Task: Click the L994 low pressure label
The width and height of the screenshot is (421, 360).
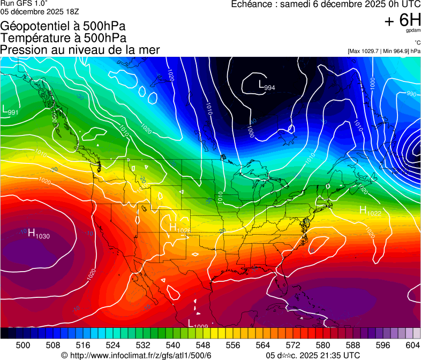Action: [266, 85]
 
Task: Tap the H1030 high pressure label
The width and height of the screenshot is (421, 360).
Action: [38, 234]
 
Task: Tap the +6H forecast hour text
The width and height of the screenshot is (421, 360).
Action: [402, 20]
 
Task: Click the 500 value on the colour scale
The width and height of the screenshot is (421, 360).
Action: [23, 346]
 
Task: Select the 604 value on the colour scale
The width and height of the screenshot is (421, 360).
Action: [412, 346]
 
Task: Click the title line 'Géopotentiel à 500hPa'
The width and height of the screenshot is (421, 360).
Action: [64, 26]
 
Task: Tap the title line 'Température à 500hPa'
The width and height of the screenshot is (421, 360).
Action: [63, 38]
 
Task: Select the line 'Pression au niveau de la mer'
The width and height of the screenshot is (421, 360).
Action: [80, 50]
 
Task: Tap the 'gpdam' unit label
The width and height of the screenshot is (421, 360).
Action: [413, 31]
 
